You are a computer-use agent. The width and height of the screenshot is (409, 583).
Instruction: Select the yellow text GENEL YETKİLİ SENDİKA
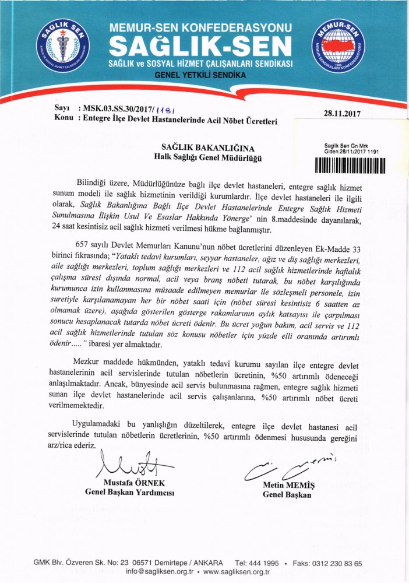point(200,75)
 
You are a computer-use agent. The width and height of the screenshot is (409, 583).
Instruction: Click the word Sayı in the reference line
point(62,109)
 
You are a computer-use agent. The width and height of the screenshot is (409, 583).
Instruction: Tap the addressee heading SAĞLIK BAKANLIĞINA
point(200,148)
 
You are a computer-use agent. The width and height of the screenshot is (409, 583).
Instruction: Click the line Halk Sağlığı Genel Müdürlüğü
point(200,157)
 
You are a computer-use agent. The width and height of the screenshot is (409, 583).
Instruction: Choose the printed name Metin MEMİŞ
point(287,484)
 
